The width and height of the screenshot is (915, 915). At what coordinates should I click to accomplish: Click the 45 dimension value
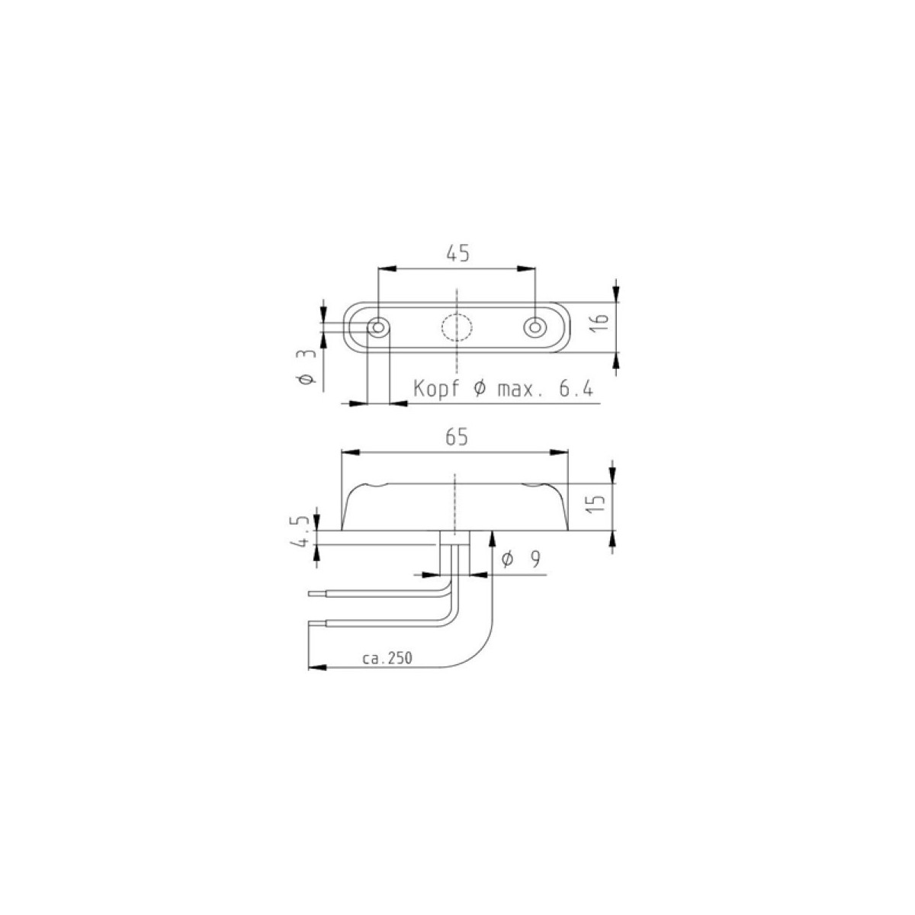pos(457,254)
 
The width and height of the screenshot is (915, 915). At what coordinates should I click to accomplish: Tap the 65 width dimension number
pos(457,437)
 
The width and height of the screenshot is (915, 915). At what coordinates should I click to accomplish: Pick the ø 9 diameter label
pos(521,560)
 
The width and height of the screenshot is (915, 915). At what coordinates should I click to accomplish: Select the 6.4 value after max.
pos(576,389)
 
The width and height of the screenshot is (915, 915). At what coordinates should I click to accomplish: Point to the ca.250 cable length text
pos(387,658)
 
